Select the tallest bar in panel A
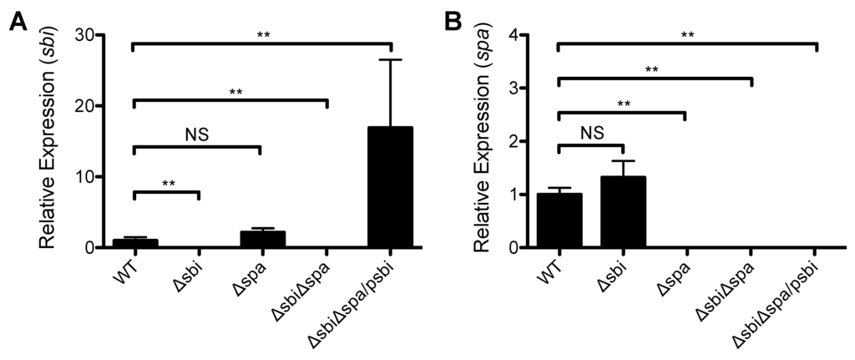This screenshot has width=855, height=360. point(390,187)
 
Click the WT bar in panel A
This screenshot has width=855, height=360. point(134,243)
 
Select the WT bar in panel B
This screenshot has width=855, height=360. point(559,221)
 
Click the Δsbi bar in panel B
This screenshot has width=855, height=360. point(623,212)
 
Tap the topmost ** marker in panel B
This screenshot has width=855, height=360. point(687,35)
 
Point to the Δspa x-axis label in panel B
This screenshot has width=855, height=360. point(668,280)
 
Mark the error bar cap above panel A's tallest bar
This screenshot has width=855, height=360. point(390,60)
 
